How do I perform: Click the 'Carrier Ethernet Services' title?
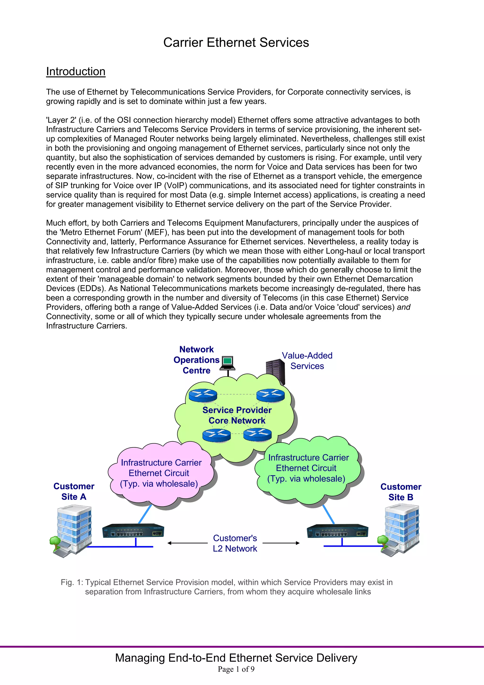point(236,42)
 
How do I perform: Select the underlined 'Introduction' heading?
point(76,72)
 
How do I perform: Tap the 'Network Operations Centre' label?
point(197,360)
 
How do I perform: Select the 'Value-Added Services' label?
point(307,361)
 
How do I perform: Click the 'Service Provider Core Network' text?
point(237,415)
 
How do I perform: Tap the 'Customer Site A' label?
point(74,491)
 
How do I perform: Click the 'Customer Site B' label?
point(401,492)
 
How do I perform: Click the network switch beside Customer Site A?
point(133,531)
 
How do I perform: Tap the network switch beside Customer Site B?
point(337,531)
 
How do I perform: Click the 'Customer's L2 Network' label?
point(235,543)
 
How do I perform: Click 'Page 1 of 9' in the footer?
point(236,669)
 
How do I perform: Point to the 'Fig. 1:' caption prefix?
point(72,582)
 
